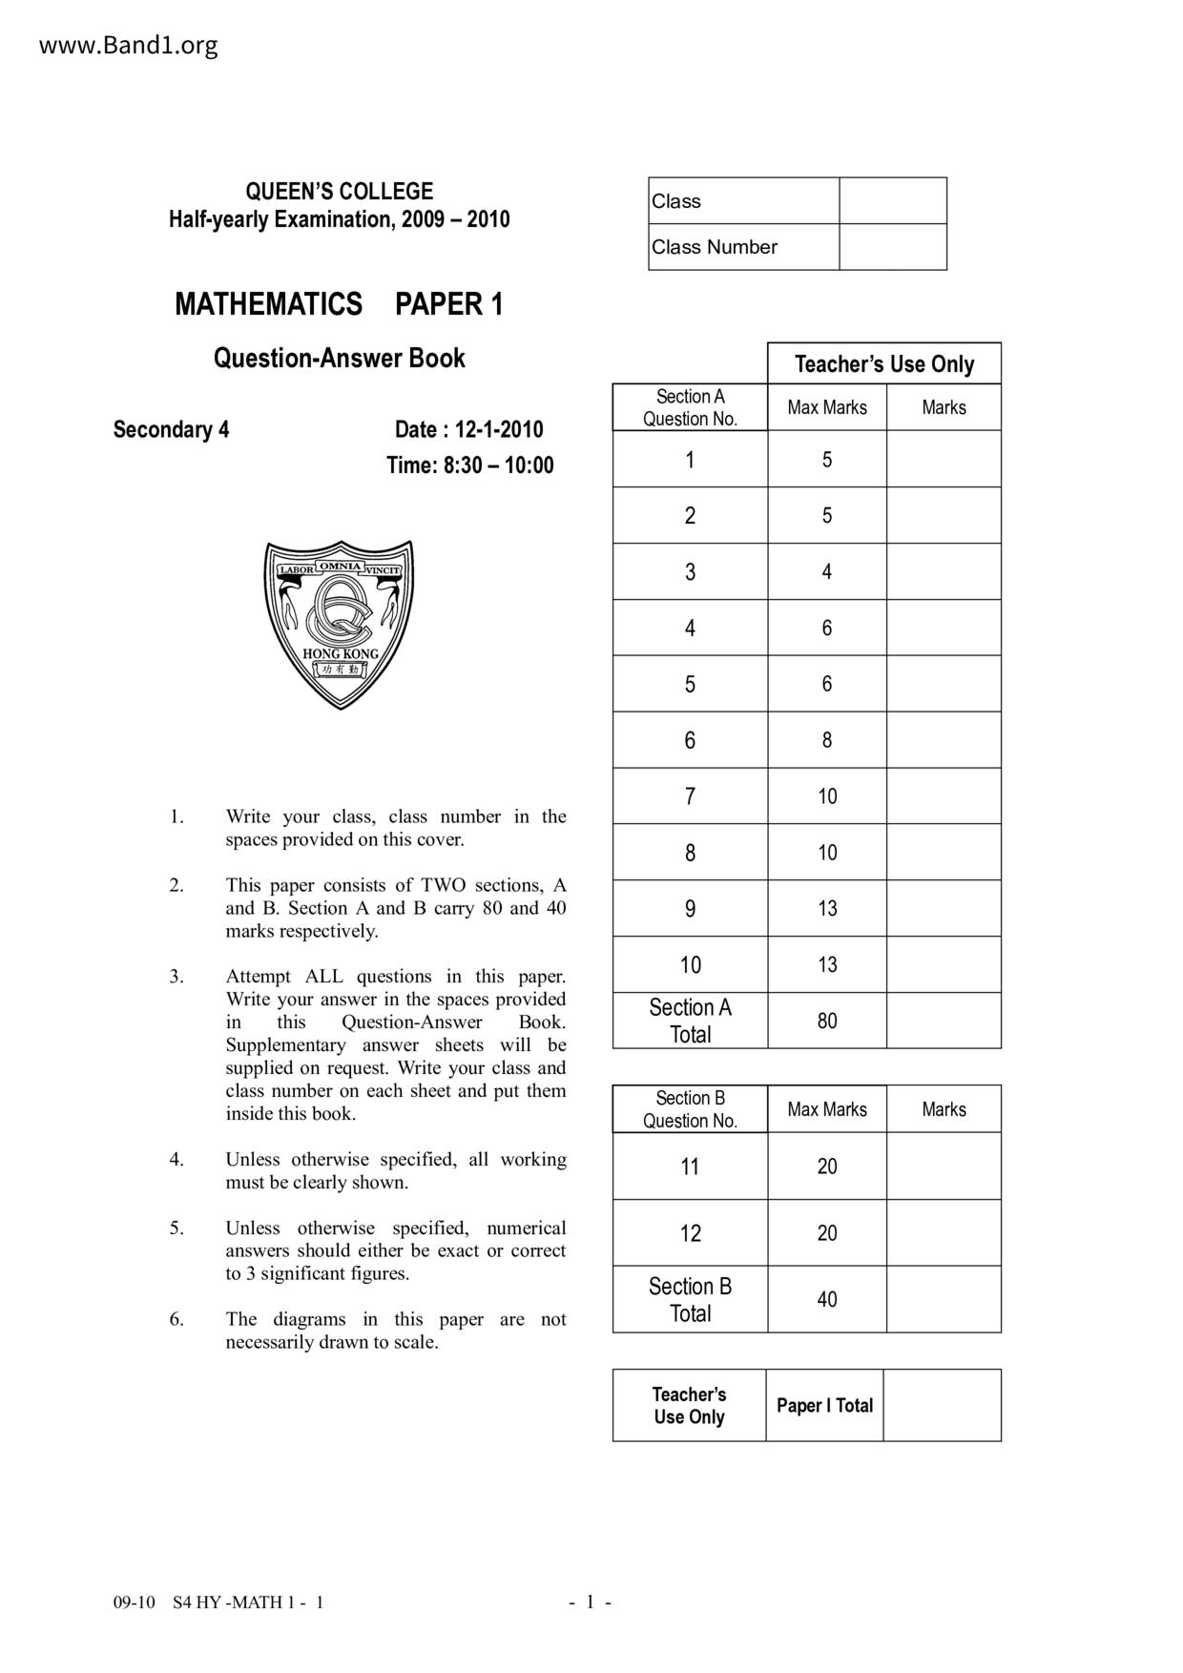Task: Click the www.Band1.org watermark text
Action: click(x=128, y=46)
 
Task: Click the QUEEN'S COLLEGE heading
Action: click(x=339, y=191)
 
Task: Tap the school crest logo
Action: click(x=340, y=625)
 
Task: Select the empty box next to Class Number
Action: click(x=892, y=247)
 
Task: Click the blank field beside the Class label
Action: click(x=892, y=201)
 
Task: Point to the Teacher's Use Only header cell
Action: click(x=883, y=364)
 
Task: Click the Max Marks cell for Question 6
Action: click(x=826, y=740)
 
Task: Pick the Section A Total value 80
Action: click(x=826, y=1021)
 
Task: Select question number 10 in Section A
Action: click(x=690, y=965)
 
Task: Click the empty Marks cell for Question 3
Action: click(x=943, y=572)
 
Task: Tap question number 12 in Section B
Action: click(x=690, y=1233)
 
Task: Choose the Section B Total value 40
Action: click(x=826, y=1299)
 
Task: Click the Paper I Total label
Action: click(x=824, y=1405)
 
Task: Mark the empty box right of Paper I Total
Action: click(x=942, y=1405)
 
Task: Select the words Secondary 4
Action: click(x=171, y=429)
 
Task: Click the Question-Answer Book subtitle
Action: click(x=339, y=359)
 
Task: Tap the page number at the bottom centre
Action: click(x=591, y=1602)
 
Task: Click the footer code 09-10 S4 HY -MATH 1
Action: click(x=218, y=1602)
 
